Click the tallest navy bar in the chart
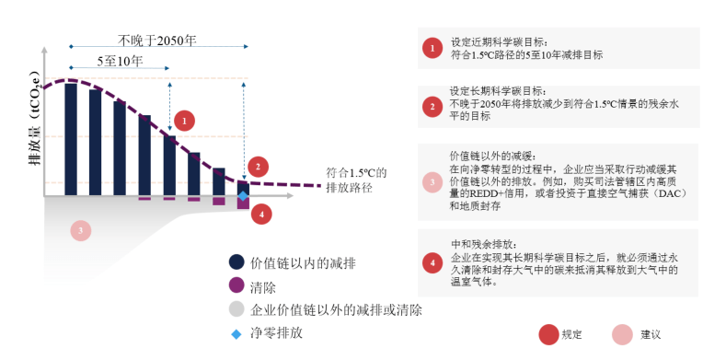70,138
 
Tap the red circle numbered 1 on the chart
183,120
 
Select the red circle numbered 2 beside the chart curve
259,167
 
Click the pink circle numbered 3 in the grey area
81,229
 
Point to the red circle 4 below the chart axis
262,215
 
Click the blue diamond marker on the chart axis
243,196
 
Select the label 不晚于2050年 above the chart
157,41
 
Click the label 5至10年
120,63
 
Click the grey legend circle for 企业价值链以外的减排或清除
236,309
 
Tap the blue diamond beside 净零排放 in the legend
236,331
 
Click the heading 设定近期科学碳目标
499,42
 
